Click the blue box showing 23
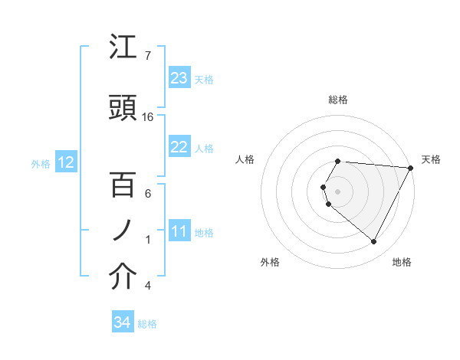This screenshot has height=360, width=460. pyautogui.click(x=179, y=78)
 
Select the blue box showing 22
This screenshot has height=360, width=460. pyautogui.click(x=179, y=148)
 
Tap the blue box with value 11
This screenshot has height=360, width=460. pyautogui.click(x=179, y=232)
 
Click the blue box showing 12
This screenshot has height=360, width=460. pyautogui.click(x=65, y=162)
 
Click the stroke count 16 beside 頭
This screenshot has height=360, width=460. pyautogui.click(x=148, y=117)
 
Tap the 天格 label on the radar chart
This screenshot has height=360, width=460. pyautogui.click(x=431, y=159)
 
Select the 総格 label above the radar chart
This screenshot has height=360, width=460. pyautogui.click(x=338, y=100)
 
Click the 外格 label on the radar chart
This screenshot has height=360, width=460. pyautogui.click(x=270, y=262)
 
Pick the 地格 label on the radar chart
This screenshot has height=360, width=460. pyautogui.click(x=402, y=262)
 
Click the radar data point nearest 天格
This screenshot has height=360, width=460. pyautogui.click(x=410, y=168)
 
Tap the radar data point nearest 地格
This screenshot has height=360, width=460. pyautogui.click(x=374, y=242)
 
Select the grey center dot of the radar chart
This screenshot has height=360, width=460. pyautogui.click(x=338, y=190)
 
